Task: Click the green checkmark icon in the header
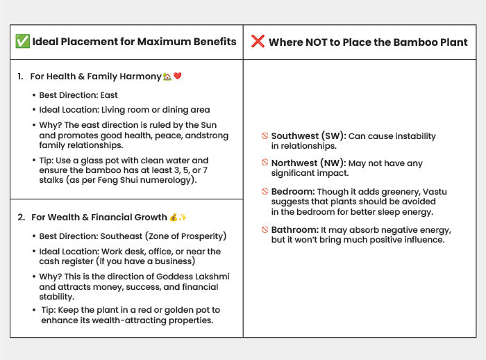22,42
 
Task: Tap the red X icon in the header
258,42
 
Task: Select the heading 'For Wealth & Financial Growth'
99,218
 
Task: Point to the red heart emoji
177,76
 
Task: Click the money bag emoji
174,218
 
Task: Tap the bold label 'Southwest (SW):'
308,136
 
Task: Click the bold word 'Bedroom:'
292,190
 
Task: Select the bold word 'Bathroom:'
294,230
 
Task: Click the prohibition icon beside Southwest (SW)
265,137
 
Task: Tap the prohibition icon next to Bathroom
265,230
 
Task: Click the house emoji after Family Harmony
167,76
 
